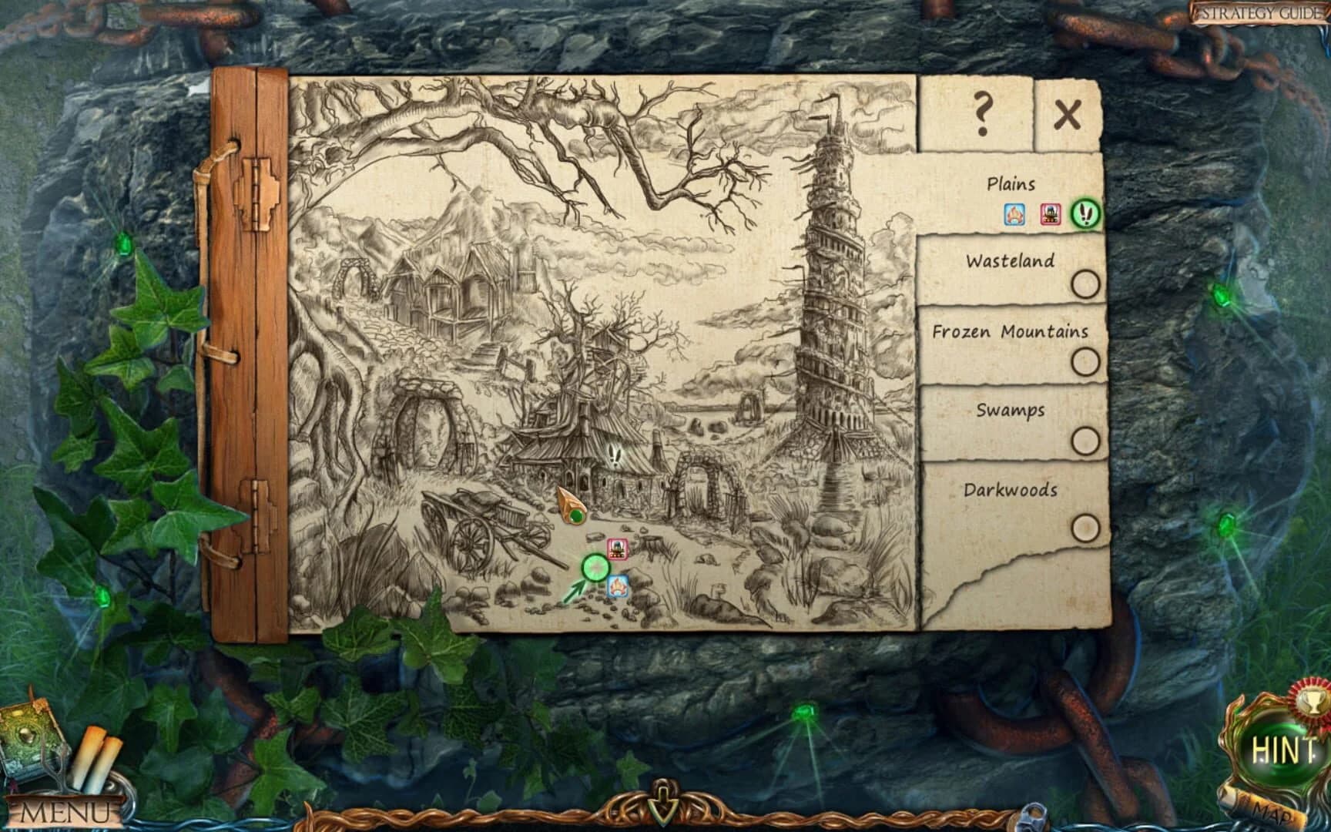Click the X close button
pos(1068,116)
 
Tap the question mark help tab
pos(981,114)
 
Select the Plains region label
pos(1011,184)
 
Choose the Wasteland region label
pos(1010,261)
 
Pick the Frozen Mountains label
pos(1010,332)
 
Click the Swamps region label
pos(1010,410)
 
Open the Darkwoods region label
pos(1010,490)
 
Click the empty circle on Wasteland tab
pos(1085,284)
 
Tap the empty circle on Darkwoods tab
pos(1085,528)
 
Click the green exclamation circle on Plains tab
pos(1086,213)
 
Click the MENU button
pos(65,811)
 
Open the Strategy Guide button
pos(1259,13)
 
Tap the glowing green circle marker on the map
pos(595,569)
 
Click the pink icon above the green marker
pos(618,549)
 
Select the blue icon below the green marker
pos(618,587)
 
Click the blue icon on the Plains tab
pos(1014,214)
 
